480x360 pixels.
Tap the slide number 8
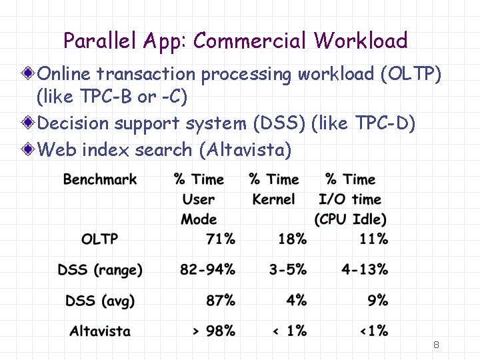click(x=436, y=345)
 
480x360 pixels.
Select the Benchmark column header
click(x=100, y=179)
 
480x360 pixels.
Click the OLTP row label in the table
click(x=99, y=239)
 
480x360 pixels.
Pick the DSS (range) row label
click(x=100, y=270)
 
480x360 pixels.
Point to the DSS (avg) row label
click(x=100, y=301)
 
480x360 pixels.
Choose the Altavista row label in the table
click(x=100, y=331)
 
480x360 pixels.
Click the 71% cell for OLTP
click(x=221, y=239)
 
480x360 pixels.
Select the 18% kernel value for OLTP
click(x=292, y=239)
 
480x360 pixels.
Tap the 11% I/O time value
click(x=373, y=239)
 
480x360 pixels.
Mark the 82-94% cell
click(x=207, y=270)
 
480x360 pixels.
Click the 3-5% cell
click(x=288, y=270)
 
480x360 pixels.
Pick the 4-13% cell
click(x=364, y=270)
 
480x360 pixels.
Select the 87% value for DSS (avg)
click(x=221, y=301)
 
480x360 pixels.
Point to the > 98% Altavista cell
click(x=213, y=331)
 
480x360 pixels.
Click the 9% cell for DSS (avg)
click(x=377, y=301)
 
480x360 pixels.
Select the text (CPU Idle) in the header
click(x=351, y=219)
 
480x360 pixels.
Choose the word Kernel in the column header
click(x=273, y=199)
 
